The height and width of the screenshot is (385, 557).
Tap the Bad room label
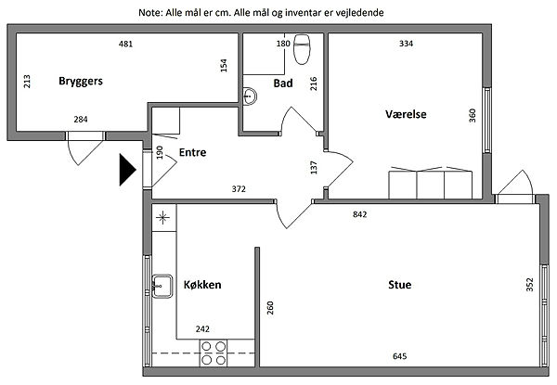click(283, 83)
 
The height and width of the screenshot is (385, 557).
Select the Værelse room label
click(405, 114)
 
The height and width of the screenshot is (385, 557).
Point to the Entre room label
click(192, 152)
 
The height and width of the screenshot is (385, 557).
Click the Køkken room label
click(202, 285)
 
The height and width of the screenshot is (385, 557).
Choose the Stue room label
click(400, 285)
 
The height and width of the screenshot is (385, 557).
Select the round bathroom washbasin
click(250, 94)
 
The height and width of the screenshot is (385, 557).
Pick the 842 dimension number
click(360, 214)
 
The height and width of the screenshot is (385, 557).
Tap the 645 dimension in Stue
click(400, 357)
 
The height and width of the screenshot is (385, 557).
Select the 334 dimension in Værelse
click(406, 44)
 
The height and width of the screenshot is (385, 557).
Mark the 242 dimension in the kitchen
click(202, 328)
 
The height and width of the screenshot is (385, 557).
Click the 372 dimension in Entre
click(239, 189)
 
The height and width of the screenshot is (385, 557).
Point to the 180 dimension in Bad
click(283, 44)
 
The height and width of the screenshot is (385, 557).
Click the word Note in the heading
click(149, 13)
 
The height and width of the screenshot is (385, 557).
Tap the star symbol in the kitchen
click(164, 219)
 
